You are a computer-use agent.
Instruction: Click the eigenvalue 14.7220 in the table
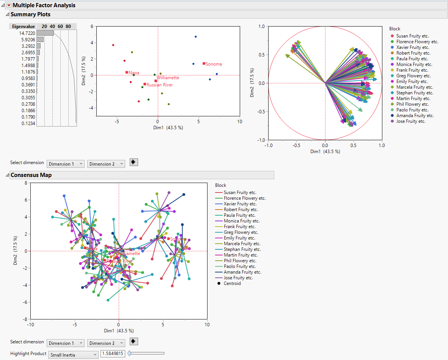coord(27,33)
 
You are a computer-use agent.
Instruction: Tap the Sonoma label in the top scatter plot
coord(213,64)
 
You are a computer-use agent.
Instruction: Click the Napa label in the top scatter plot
coord(134,72)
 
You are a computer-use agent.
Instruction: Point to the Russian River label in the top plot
coord(160,85)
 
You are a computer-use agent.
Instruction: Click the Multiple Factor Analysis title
coord(44,5)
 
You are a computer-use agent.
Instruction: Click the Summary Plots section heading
coord(30,14)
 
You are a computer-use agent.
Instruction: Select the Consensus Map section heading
coord(31,175)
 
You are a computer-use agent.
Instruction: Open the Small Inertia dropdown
coord(73,355)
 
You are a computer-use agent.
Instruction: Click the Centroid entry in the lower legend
coord(232,283)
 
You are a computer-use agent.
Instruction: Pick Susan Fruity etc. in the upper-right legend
coord(412,36)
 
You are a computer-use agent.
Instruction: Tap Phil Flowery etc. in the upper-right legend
coord(412,104)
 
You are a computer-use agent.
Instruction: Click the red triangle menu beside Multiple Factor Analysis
coord(9,5)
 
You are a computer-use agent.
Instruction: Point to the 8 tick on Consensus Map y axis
coord(26,183)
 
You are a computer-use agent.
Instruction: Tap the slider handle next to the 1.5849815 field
coord(129,353)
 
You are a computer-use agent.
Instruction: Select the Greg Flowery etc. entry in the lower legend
coord(241,232)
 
